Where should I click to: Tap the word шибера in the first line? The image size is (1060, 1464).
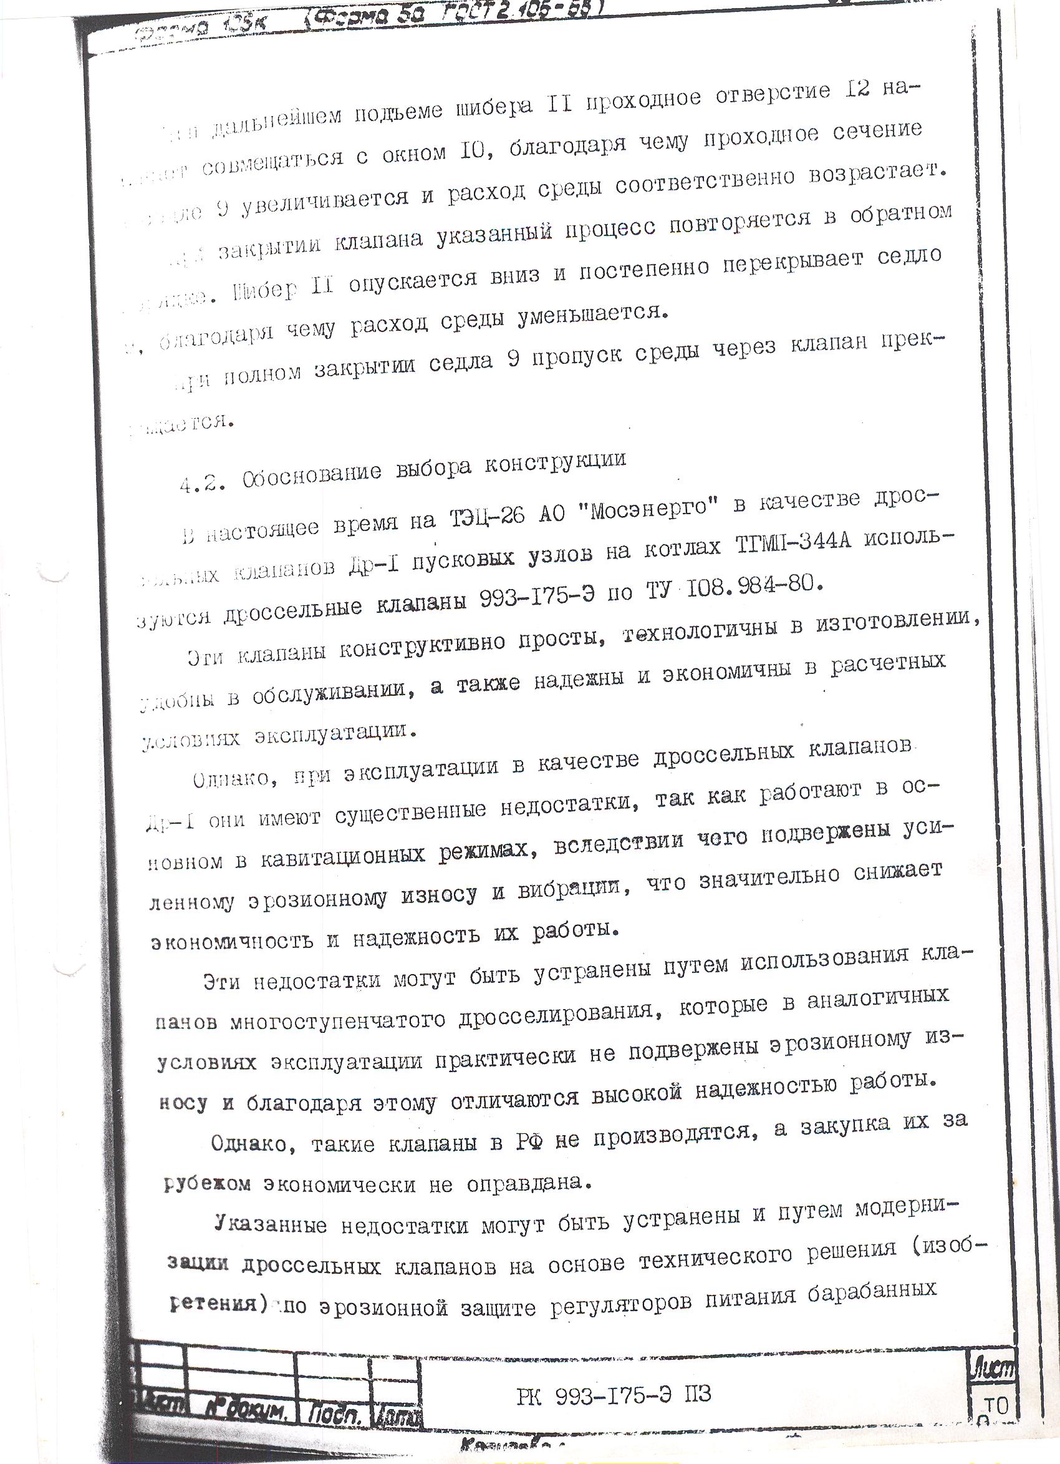(x=498, y=105)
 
